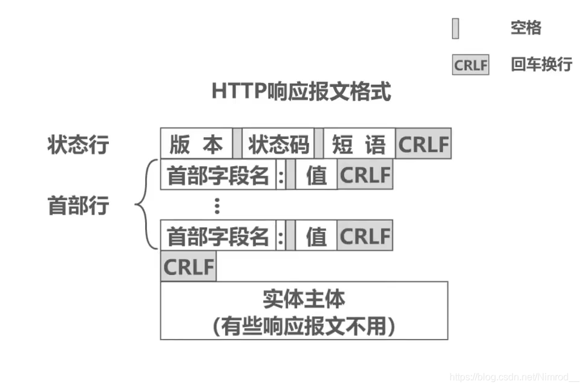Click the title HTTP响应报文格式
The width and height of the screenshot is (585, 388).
pos(301,92)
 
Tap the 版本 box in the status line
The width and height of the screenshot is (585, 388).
pos(196,144)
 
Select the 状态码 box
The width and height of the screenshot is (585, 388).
pos(278,144)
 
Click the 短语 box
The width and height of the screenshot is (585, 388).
pos(359,144)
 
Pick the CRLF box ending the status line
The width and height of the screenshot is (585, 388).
pos(423,144)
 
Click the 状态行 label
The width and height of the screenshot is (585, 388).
pos(78,145)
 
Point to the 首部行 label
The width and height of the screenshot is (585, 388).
pos(78,205)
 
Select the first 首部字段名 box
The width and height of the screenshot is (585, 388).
pos(218,175)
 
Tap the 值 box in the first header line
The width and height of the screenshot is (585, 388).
pos(316,175)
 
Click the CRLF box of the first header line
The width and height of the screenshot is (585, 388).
pos(365,175)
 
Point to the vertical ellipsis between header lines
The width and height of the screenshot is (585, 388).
pos(217,206)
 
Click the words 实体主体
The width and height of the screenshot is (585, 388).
pos(304,299)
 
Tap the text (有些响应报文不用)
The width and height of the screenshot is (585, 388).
pos(304,326)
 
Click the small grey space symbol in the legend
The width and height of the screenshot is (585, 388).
pos(456,28)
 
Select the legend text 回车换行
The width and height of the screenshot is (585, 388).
pos(541,64)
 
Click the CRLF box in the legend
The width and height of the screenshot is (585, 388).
pos(470,65)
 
